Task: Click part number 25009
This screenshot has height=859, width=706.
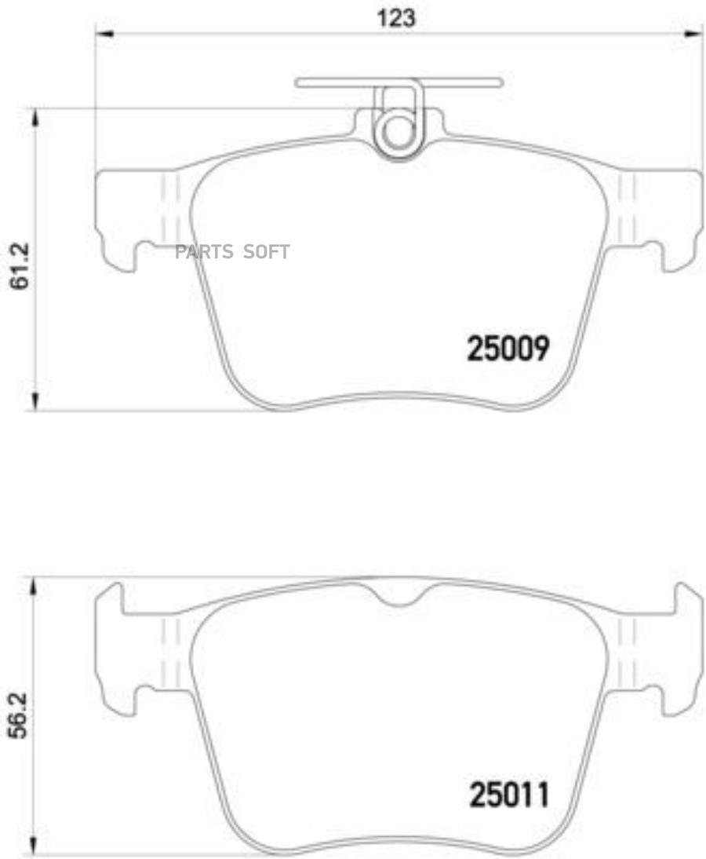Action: (508, 349)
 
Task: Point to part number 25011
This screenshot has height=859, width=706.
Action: (509, 795)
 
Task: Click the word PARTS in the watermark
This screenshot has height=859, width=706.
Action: (204, 251)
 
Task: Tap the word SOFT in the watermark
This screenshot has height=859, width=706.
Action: (266, 251)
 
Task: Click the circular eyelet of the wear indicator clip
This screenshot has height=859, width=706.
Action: (398, 133)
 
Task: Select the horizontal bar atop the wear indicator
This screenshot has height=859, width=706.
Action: (398, 82)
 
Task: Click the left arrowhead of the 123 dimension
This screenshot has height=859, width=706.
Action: (104, 35)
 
